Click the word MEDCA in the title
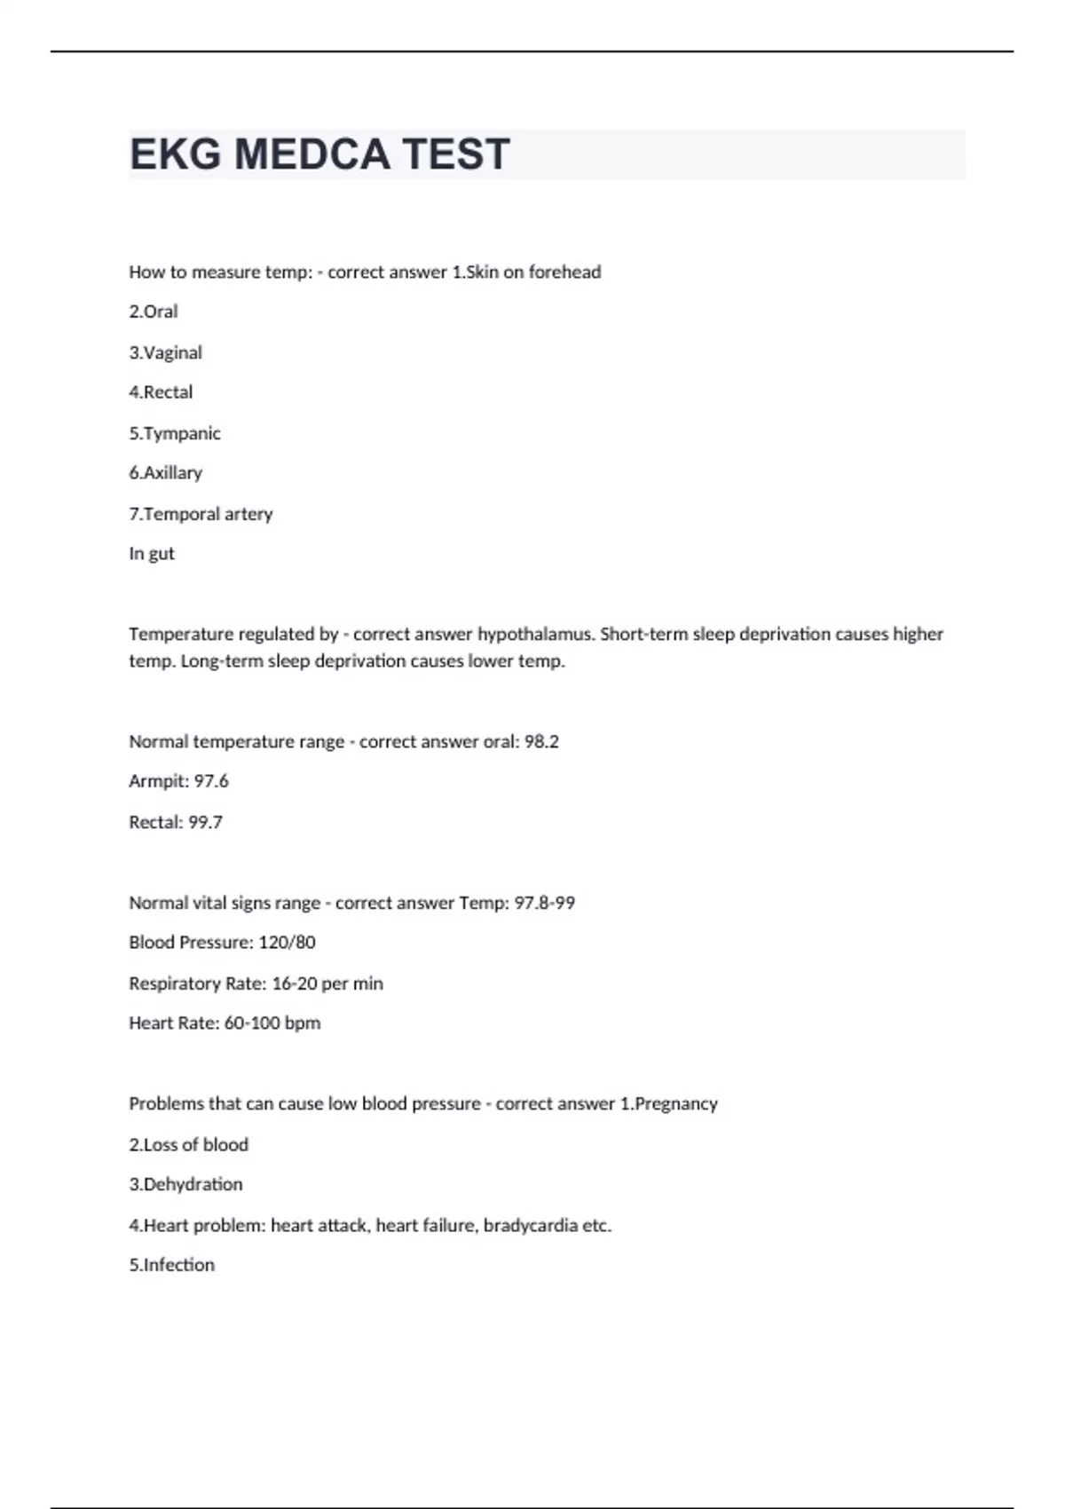tap(312, 154)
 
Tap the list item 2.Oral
tap(154, 312)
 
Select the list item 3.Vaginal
tap(166, 352)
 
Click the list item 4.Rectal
tap(161, 392)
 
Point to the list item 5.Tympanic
tap(175, 433)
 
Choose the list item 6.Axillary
tap(166, 473)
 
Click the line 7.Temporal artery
tap(201, 514)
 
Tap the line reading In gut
tap(152, 554)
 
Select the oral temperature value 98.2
tap(541, 741)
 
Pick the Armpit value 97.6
tap(211, 781)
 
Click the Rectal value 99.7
tap(205, 822)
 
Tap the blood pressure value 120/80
tap(287, 943)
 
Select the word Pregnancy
tap(676, 1104)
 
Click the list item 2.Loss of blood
tap(189, 1145)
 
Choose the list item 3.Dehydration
tap(185, 1185)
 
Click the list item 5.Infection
tap(172, 1265)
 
